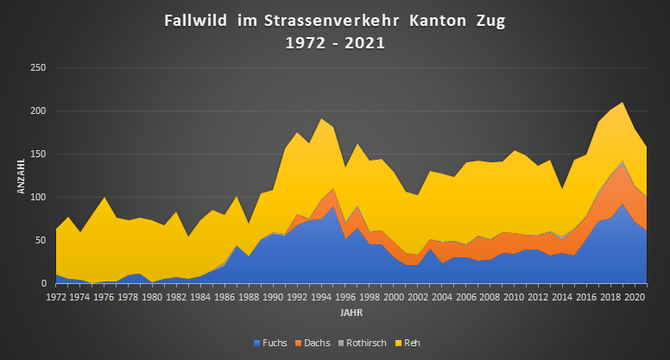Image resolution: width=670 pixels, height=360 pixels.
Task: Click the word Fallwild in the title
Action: click(196, 20)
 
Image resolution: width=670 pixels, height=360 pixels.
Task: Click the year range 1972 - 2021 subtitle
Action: click(334, 41)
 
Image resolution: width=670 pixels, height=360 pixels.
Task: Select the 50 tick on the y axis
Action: click(41, 241)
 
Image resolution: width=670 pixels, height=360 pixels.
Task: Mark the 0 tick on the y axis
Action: click(44, 284)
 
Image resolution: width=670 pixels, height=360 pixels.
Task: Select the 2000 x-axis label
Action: click(394, 297)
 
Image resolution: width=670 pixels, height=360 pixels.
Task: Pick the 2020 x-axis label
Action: click(635, 297)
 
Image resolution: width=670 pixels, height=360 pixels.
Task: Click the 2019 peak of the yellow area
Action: click(623, 104)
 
